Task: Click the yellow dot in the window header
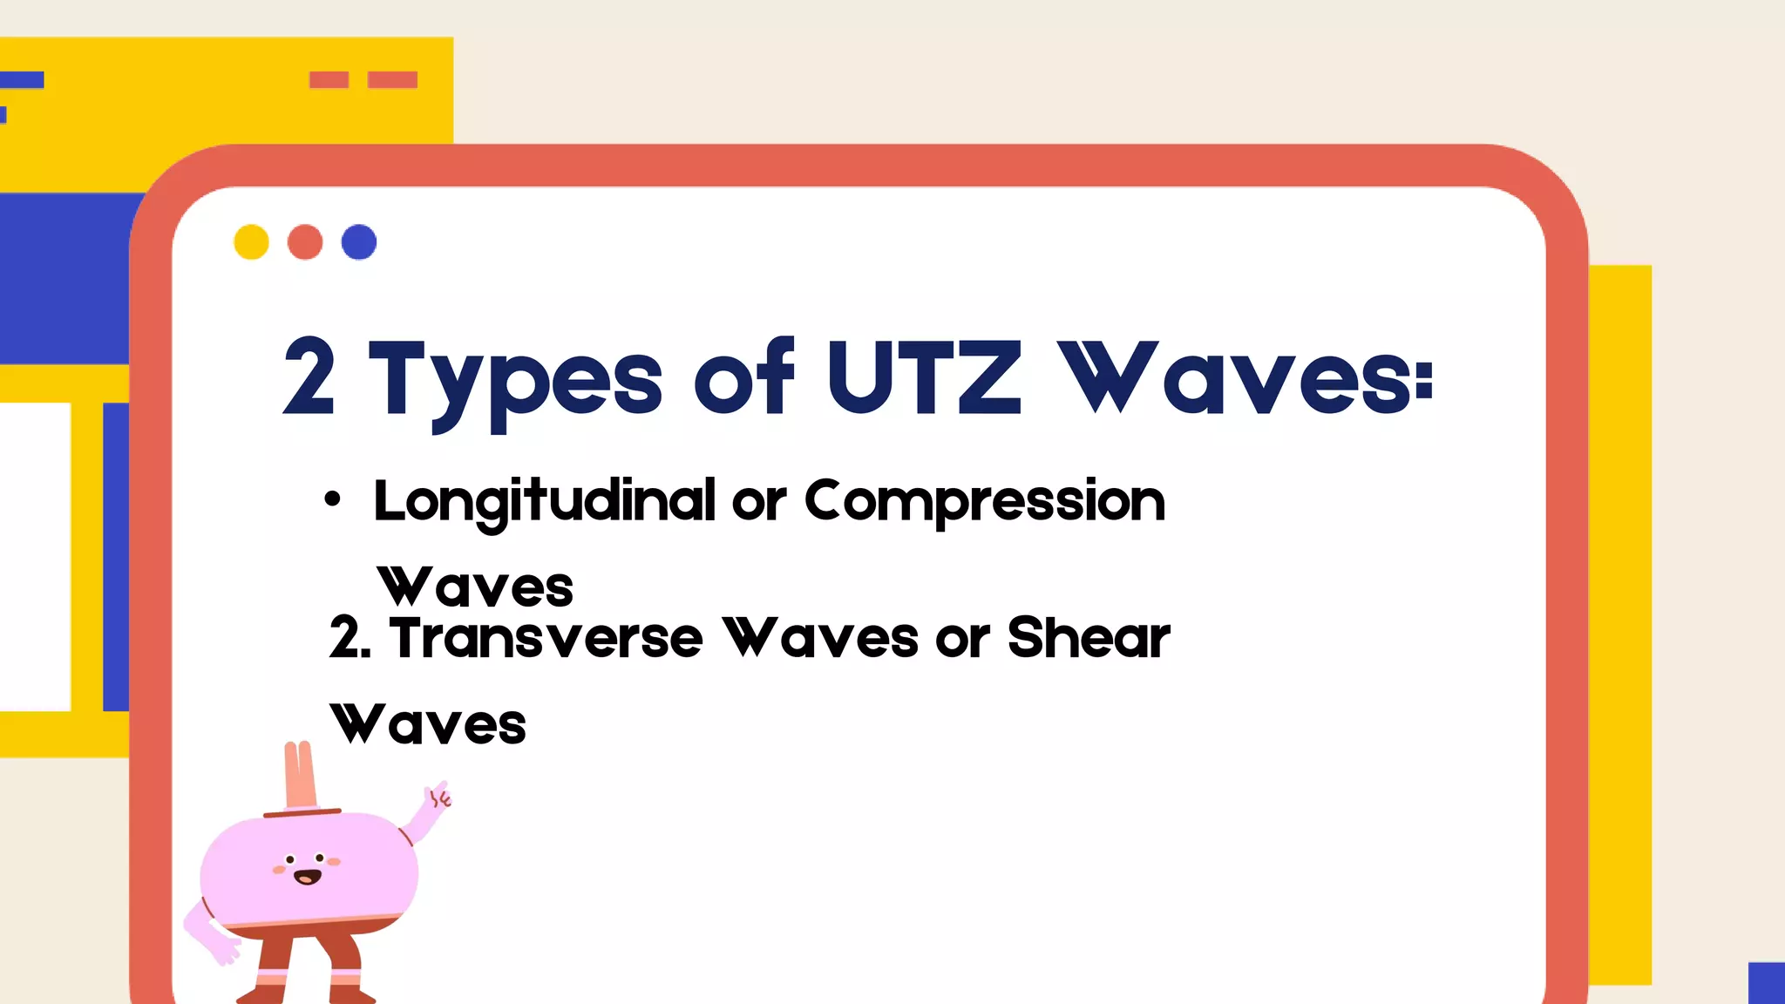[x=251, y=242]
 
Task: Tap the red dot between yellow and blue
[x=305, y=242]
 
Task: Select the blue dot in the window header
[x=359, y=242]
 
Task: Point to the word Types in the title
[x=516, y=382]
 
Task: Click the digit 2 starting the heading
[x=309, y=377]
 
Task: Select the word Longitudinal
[x=544, y=501]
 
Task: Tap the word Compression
[x=984, y=501]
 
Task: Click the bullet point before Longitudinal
[x=332, y=499]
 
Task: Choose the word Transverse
[x=546, y=638]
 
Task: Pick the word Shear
[x=1088, y=638]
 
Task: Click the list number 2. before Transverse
[x=350, y=638]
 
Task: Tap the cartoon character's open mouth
[x=307, y=876]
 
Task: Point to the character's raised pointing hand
[x=438, y=797]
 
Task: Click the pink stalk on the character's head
[x=300, y=776]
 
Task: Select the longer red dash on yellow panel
[x=392, y=80]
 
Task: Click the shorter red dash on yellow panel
[x=329, y=80]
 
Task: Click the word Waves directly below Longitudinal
[x=476, y=587]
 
